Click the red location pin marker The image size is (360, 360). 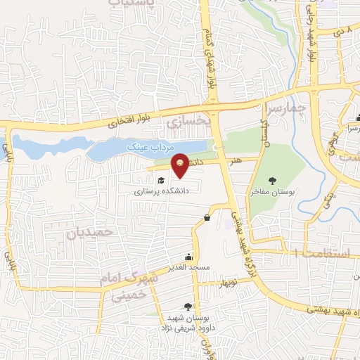(x=181, y=166)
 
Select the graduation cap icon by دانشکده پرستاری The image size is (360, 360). (x=161, y=181)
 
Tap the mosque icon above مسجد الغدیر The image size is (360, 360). (x=188, y=257)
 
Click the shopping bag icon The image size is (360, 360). (x=207, y=217)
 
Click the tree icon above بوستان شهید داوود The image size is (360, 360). (x=187, y=306)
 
